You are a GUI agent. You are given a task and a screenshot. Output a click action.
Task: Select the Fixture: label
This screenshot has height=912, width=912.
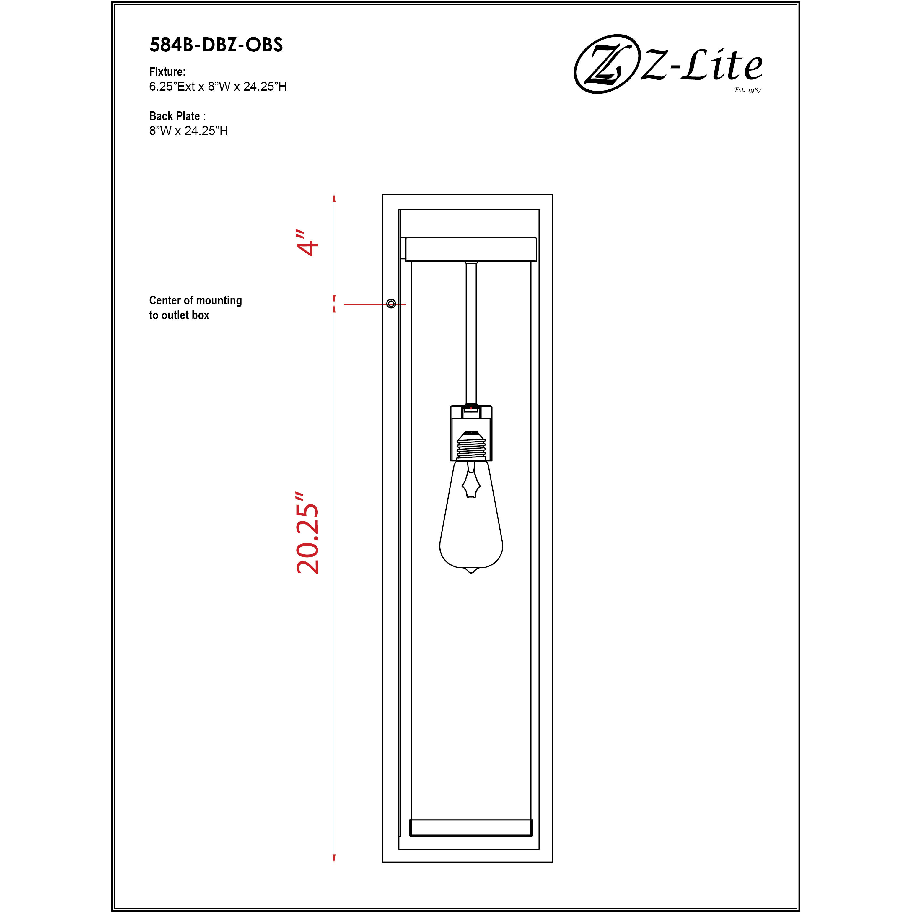167,72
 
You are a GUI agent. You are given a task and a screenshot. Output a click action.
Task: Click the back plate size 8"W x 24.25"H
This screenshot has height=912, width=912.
189,131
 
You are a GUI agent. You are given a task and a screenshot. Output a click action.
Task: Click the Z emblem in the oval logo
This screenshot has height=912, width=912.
604,64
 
